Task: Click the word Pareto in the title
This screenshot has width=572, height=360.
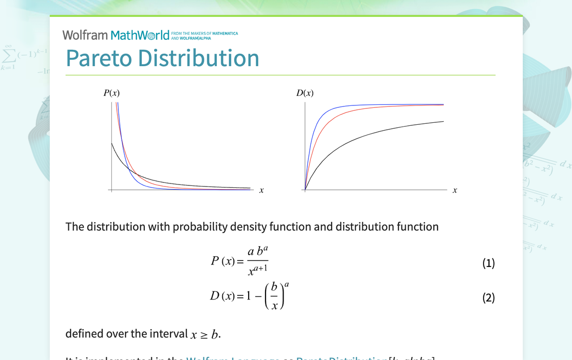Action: (98, 58)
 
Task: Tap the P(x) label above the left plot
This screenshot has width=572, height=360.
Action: (111, 93)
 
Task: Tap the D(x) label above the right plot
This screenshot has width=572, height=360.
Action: (305, 93)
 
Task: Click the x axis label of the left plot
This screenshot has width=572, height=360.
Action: (261, 190)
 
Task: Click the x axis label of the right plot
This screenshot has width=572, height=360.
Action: (455, 190)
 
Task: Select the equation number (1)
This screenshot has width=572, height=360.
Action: (488, 263)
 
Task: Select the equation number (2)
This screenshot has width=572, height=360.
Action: (488, 298)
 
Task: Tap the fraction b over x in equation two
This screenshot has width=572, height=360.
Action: (274, 297)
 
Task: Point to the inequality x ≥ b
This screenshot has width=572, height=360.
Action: (204, 334)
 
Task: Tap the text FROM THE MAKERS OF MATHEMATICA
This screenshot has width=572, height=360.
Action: (204, 34)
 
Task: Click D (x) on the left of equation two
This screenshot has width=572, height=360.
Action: (222, 296)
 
